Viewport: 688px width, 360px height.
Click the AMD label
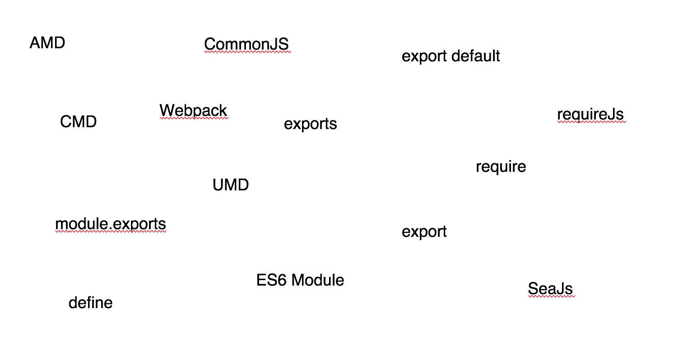pyautogui.click(x=47, y=43)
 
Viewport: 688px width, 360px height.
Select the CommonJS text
pyautogui.click(x=246, y=44)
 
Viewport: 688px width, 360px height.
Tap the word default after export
pyautogui.click(x=476, y=56)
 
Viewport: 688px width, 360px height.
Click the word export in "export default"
pyautogui.click(x=424, y=57)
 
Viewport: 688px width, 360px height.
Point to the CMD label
pyautogui.click(x=78, y=121)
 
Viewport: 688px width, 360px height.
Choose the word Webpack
pyautogui.click(x=193, y=111)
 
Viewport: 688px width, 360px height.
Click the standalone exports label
pyautogui.click(x=310, y=124)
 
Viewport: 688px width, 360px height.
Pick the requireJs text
pyautogui.click(x=590, y=115)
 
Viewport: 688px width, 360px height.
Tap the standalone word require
pyautogui.click(x=501, y=167)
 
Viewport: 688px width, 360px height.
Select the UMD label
pyautogui.click(x=231, y=185)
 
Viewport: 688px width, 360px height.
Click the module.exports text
pyautogui.click(x=111, y=224)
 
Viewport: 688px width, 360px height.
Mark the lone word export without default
pyautogui.click(x=424, y=232)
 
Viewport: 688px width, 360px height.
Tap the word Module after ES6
pyautogui.click(x=317, y=280)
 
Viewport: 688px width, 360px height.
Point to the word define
pyautogui.click(x=91, y=303)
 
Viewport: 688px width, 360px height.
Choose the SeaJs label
pyautogui.click(x=550, y=288)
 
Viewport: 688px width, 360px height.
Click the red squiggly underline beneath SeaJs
pyautogui.click(x=551, y=296)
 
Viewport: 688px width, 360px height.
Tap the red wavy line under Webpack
pyautogui.click(x=194, y=118)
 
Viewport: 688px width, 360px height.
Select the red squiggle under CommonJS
pyautogui.click(x=247, y=52)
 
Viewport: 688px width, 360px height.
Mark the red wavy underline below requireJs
pyautogui.click(x=591, y=122)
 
